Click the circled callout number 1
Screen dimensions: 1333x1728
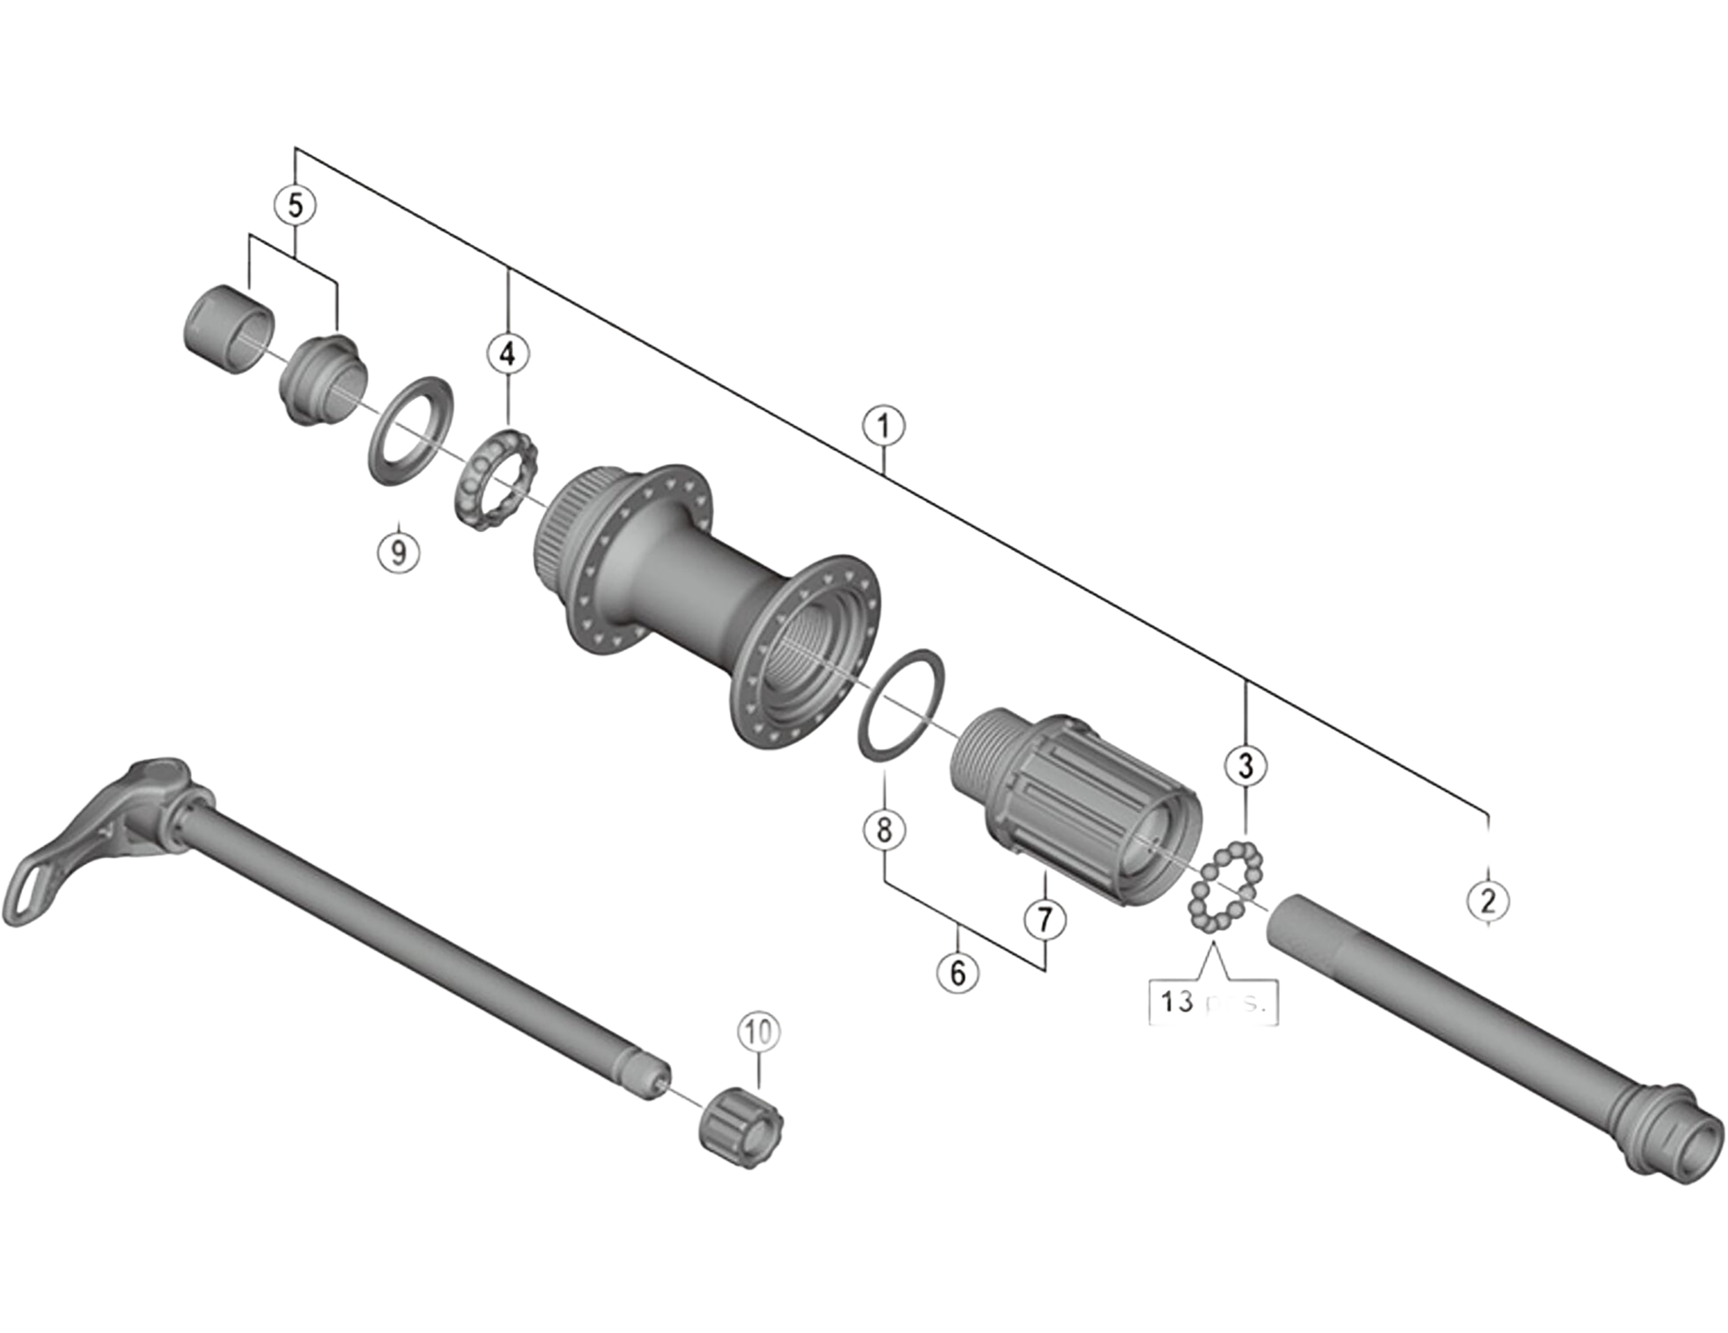883,426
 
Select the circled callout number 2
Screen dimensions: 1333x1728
1487,900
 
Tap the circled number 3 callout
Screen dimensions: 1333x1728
1246,766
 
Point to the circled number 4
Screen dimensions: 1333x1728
508,354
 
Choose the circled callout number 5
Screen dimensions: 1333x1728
295,206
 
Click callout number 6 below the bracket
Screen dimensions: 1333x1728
957,972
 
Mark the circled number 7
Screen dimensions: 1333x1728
1044,919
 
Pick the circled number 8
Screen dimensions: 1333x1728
884,829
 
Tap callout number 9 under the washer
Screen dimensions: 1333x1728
398,550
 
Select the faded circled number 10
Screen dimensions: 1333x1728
758,1031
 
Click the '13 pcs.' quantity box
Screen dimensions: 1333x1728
1213,1001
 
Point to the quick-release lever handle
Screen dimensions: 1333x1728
54,864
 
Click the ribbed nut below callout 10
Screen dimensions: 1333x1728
741,1128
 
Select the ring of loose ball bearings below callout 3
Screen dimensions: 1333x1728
1227,887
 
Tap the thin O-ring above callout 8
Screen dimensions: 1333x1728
902,703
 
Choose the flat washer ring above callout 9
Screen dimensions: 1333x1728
409,430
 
